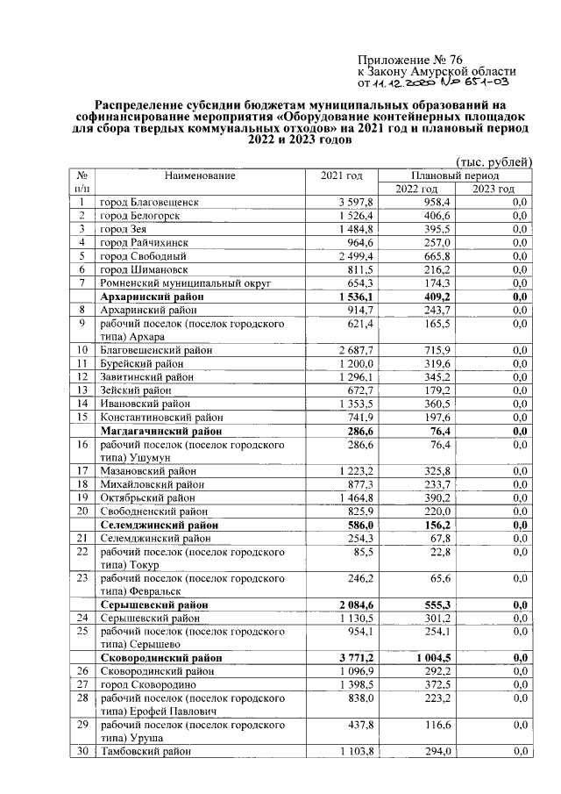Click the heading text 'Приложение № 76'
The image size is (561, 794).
pyautogui.click(x=405, y=57)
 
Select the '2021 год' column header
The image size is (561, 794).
pyautogui.click(x=341, y=175)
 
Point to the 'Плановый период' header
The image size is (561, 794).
pyautogui.click(x=455, y=175)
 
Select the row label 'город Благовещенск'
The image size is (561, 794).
pyautogui.click(x=148, y=203)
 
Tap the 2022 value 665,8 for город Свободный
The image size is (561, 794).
pyautogui.click(x=434, y=256)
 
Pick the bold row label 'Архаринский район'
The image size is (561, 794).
pyautogui.click(x=153, y=297)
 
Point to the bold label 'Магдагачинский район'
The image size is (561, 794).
pyautogui.click(x=161, y=432)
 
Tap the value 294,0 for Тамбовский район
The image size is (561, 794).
pyautogui.click(x=435, y=752)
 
